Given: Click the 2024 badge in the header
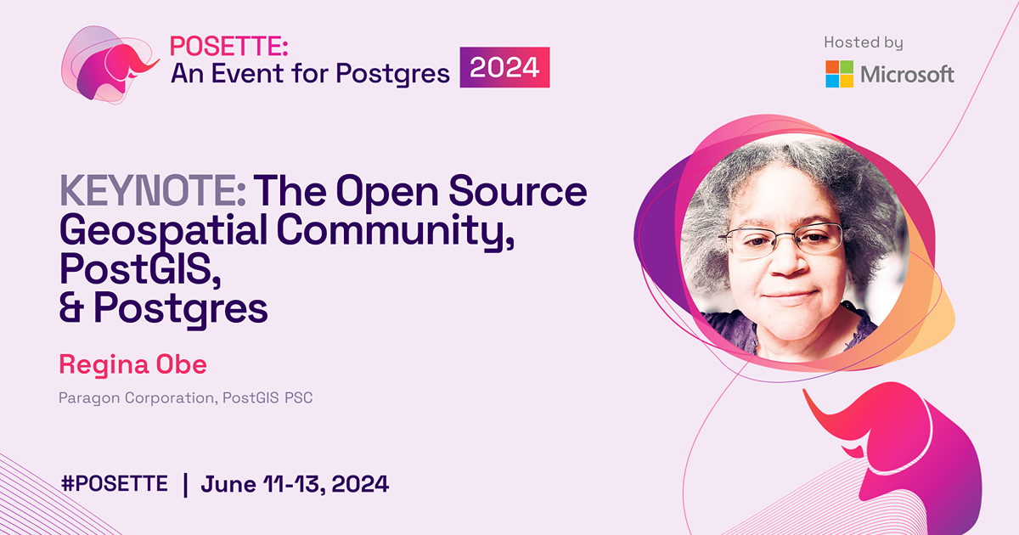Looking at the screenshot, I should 505,67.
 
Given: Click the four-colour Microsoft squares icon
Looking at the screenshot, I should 840,74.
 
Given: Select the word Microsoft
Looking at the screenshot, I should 908,74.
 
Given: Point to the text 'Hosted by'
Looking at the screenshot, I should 863,42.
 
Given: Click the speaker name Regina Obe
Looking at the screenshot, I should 132,365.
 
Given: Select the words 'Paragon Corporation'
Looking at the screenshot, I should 135,397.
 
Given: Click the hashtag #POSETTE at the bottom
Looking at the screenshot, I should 115,484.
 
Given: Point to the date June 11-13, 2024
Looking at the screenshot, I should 295,484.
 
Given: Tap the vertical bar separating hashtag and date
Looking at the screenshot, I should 185,484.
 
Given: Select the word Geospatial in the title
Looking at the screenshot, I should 166,231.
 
